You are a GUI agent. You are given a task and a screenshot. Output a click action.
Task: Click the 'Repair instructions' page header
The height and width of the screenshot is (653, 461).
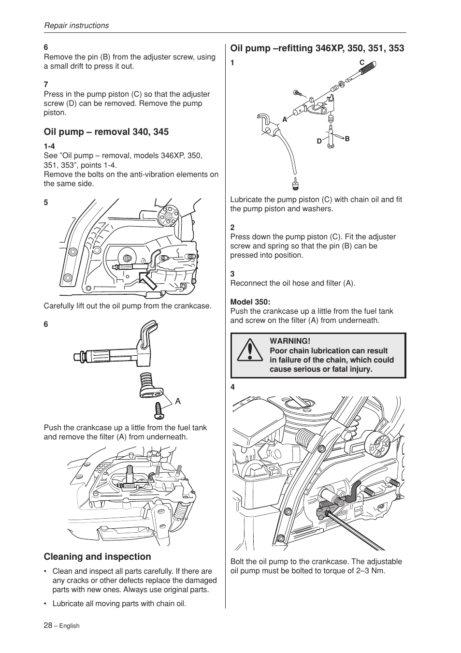(x=76, y=26)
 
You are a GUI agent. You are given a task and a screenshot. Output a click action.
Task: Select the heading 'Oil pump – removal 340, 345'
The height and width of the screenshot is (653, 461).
(x=106, y=132)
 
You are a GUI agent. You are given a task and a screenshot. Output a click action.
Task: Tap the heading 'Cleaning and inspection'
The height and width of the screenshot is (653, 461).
(x=97, y=557)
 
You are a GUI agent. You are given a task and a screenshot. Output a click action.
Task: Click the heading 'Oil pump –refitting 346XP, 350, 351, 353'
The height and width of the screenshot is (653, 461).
(x=317, y=48)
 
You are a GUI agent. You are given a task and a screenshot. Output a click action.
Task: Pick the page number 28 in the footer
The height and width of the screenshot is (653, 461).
(x=48, y=625)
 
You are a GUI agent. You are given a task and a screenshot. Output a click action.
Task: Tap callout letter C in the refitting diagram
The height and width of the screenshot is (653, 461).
(x=361, y=63)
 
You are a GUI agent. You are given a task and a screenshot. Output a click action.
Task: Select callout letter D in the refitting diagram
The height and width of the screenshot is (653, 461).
(x=319, y=141)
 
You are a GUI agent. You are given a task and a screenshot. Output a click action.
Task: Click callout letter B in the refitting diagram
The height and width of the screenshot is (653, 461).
(x=347, y=139)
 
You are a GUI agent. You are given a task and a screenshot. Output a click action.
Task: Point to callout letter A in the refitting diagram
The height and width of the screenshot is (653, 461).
(x=285, y=119)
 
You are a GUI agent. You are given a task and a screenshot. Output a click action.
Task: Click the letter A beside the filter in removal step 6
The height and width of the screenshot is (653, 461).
(x=178, y=401)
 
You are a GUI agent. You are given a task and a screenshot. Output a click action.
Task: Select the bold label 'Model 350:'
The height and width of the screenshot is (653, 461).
(x=250, y=302)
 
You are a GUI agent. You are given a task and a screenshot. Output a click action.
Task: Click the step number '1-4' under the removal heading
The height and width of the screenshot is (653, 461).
(x=49, y=146)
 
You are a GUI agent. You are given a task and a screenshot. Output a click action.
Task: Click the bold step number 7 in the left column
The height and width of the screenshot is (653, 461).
(x=46, y=85)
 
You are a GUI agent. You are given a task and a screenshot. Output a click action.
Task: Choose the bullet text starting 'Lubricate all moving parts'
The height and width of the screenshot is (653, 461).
(x=119, y=604)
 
